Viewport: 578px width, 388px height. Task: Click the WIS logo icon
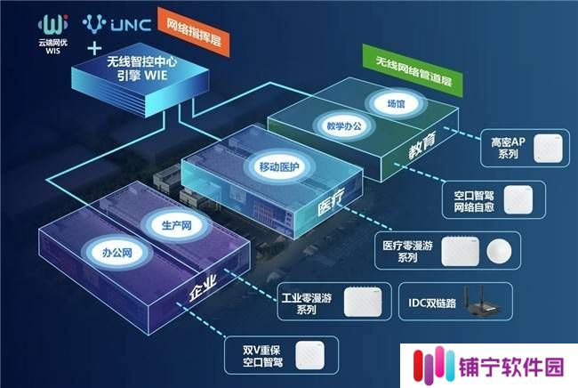click(53, 24)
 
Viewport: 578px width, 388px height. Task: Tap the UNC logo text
click(131, 25)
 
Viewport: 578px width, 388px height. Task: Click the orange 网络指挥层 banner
click(194, 32)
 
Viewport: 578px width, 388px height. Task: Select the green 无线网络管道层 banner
click(413, 71)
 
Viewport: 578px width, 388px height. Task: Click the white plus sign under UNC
click(94, 48)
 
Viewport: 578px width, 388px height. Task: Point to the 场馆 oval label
click(396, 104)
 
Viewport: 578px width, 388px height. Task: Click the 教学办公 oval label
click(344, 126)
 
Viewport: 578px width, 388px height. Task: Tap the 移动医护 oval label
click(279, 166)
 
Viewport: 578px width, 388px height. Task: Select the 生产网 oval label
click(177, 225)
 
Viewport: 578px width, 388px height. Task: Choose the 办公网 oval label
click(116, 253)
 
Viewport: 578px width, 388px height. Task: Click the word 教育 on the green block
click(422, 145)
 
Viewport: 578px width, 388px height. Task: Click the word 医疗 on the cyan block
click(331, 201)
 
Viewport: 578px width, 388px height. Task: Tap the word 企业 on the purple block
click(202, 288)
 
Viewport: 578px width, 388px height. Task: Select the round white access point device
click(499, 252)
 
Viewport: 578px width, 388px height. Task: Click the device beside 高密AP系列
click(548, 149)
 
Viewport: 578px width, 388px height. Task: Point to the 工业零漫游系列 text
click(306, 303)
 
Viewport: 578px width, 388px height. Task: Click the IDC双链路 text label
click(432, 303)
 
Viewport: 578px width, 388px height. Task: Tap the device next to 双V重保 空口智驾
click(309, 356)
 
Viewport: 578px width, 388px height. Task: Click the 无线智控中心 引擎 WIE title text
click(142, 68)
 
